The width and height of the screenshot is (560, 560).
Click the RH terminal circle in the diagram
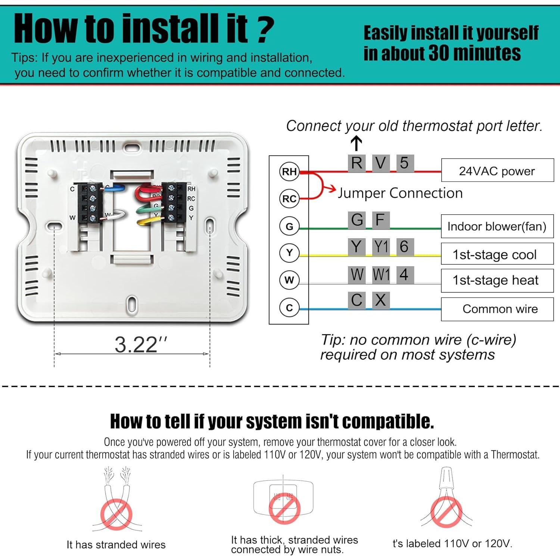tap(289, 172)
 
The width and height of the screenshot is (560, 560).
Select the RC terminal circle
tap(289, 199)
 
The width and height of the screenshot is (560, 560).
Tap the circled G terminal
tap(289, 226)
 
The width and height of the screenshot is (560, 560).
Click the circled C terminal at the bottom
tap(289, 308)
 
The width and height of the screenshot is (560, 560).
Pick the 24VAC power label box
tap(497, 171)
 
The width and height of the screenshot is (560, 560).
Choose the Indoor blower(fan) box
tap(497, 226)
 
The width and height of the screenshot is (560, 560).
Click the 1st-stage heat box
tap(497, 280)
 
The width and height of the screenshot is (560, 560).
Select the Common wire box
tap(497, 309)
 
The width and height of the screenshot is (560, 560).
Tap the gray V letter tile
tap(380, 163)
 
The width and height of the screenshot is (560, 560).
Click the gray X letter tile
tap(380, 300)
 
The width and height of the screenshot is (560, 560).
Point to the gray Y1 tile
tap(381, 247)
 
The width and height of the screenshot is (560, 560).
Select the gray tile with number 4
tap(404, 275)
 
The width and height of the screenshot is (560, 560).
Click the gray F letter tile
tap(380, 220)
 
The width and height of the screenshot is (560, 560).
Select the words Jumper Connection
tap(400, 193)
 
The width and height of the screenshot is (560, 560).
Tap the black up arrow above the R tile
tap(357, 143)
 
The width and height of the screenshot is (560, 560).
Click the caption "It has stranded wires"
tap(116, 545)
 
